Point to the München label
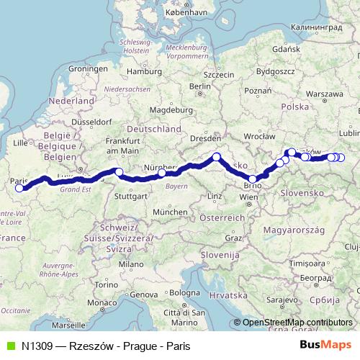pyautogui.click(x=170, y=212)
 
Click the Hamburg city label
pyautogui.click(x=144, y=71)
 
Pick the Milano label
pyautogui.click(x=132, y=264)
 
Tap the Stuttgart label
pyautogui.click(x=131, y=195)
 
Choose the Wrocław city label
pyautogui.click(x=260, y=135)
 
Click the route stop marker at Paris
pyautogui.click(x=19, y=189)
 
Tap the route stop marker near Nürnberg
pyautogui.click(x=162, y=173)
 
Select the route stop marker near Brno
pyautogui.click(x=253, y=179)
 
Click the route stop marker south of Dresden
pyautogui.click(x=216, y=157)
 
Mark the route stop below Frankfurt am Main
pyautogui.click(x=119, y=171)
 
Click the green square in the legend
pyautogui.click(x=9, y=346)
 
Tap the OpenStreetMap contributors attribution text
pyautogui.click(x=297, y=323)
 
